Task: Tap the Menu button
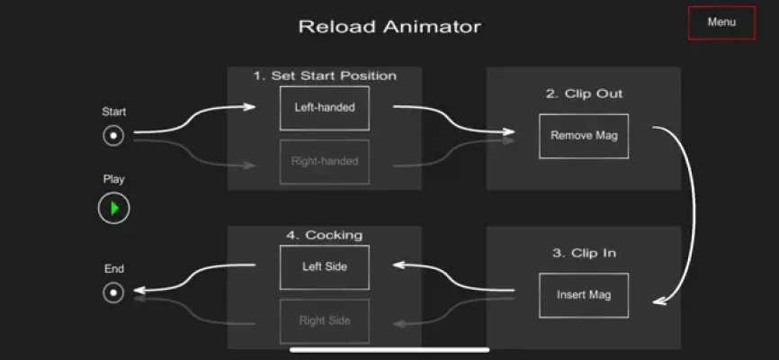pyautogui.click(x=721, y=22)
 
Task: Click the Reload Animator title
pyautogui.click(x=389, y=27)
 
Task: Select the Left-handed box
pyautogui.click(x=324, y=107)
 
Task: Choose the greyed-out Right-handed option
pyautogui.click(x=324, y=162)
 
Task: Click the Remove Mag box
pyautogui.click(x=584, y=136)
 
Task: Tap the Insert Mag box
pyautogui.click(x=584, y=294)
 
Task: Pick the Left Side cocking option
pyautogui.click(x=324, y=266)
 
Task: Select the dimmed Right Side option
pyautogui.click(x=324, y=320)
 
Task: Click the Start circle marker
pyautogui.click(x=113, y=136)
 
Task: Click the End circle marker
pyautogui.click(x=113, y=292)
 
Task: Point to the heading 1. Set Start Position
pyautogui.click(x=324, y=76)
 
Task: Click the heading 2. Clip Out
pyautogui.click(x=584, y=93)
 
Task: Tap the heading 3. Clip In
pyautogui.click(x=584, y=253)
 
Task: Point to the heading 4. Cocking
pyautogui.click(x=324, y=235)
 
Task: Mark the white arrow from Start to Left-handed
pyautogui.click(x=193, y=120)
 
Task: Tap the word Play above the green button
pyautogui.click(x=113, y=179)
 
